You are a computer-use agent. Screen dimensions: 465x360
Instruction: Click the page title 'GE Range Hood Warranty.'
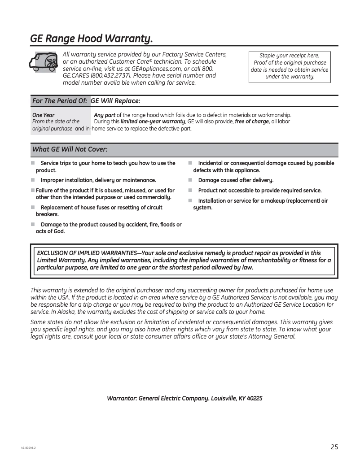click(x=91, y=39)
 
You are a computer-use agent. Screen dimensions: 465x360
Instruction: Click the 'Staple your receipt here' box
click(x=290, y=66)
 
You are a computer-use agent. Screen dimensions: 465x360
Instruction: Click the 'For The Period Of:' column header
click(x=60, y=101)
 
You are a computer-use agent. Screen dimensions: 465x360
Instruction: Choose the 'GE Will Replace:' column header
click(x=116, y=101)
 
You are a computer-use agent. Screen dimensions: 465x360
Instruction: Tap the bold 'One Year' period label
click(x=44, y=115)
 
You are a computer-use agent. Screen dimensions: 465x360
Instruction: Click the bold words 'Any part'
click(x=105, y=115)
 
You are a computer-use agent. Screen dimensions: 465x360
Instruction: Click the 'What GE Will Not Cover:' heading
click(x=70, y=149)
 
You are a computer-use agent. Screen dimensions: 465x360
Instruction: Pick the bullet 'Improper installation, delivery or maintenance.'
click(x=98, y=180)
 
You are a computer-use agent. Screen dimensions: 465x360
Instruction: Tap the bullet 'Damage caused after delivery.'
click(x=236, y=180)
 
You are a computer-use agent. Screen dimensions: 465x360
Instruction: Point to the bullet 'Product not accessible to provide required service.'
click(x=259, y=191)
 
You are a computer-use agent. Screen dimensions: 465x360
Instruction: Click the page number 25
click(x=334, y=447)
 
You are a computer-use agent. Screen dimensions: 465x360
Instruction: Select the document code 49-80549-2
click(x=28, y=448)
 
